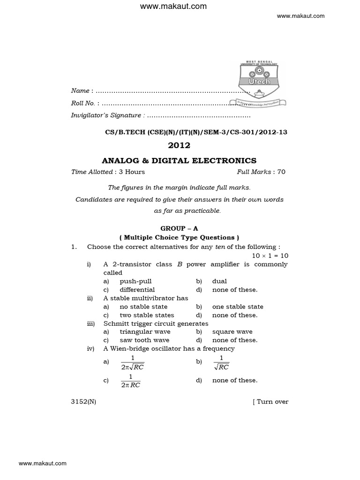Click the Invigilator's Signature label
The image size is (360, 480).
click(x=105, y=115)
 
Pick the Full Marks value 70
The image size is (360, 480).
click(x=281, y=172)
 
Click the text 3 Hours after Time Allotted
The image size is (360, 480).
click(x=132, y=172)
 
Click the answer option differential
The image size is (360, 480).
click(x=137, y=290)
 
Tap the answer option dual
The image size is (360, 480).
click(x=219, y=281)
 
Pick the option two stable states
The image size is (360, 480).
click(x=147, y=315)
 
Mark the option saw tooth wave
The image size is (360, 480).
click(x=144, y=340)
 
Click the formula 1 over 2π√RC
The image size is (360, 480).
click(x=132, y=362)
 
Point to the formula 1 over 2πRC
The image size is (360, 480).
click(x=130, y=381)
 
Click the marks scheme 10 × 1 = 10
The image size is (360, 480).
click(x=270, y=255)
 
